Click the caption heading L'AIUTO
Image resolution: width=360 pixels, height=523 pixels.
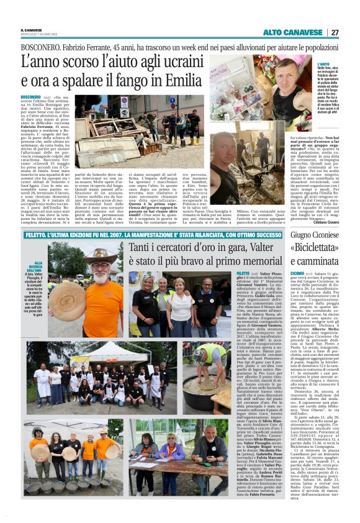[323, 64]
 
